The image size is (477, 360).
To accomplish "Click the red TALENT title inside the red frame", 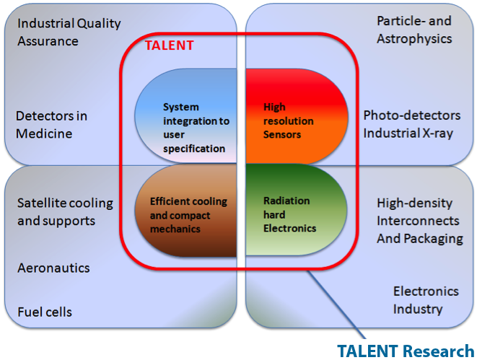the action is click(x=169, y=45).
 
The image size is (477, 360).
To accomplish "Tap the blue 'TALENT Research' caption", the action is click(x=406, y=351).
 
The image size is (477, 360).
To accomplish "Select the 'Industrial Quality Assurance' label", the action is click(x=69, y=32).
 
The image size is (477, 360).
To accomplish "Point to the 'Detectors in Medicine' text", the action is click(x=51, y=125).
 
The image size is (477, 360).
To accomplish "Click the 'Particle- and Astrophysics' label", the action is click(x=414, y=30).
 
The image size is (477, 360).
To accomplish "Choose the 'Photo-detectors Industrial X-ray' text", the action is click(x=412, y=124).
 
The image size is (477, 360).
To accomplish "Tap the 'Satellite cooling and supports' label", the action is click(x=65, y=212).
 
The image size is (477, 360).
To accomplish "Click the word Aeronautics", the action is click(x=53, y=268).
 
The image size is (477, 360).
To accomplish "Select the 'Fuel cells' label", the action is click(x=45, y=312).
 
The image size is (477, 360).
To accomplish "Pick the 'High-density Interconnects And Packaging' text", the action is click(x=420, y=221).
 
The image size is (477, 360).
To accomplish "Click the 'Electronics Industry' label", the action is click(x=426, y=300).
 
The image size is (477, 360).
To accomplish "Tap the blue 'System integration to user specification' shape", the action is click(x=186, y=116).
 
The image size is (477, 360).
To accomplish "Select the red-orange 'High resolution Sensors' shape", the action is click(x=297, y=116).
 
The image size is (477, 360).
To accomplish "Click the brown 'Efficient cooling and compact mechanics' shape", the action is click(x=186, y=211).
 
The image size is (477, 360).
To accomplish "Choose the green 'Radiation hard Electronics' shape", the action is click(x=297, y=210).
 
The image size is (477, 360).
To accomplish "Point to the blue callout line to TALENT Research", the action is click(x=337, y=304).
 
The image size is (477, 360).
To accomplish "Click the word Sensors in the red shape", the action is click(x=282, y=134).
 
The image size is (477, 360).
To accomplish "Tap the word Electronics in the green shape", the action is click(x=289, y=229).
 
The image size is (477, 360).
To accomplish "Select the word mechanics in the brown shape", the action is click(x=175, y=229).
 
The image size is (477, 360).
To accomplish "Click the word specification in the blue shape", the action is click(x=194, y=149).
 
